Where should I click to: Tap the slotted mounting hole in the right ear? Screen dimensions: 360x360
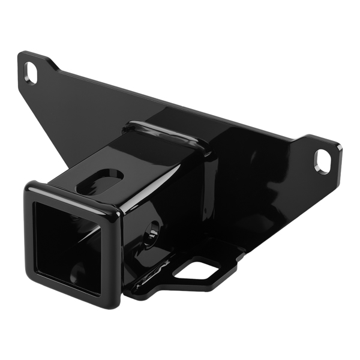point(322,161)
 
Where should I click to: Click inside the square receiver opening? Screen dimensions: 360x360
point(66,246)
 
